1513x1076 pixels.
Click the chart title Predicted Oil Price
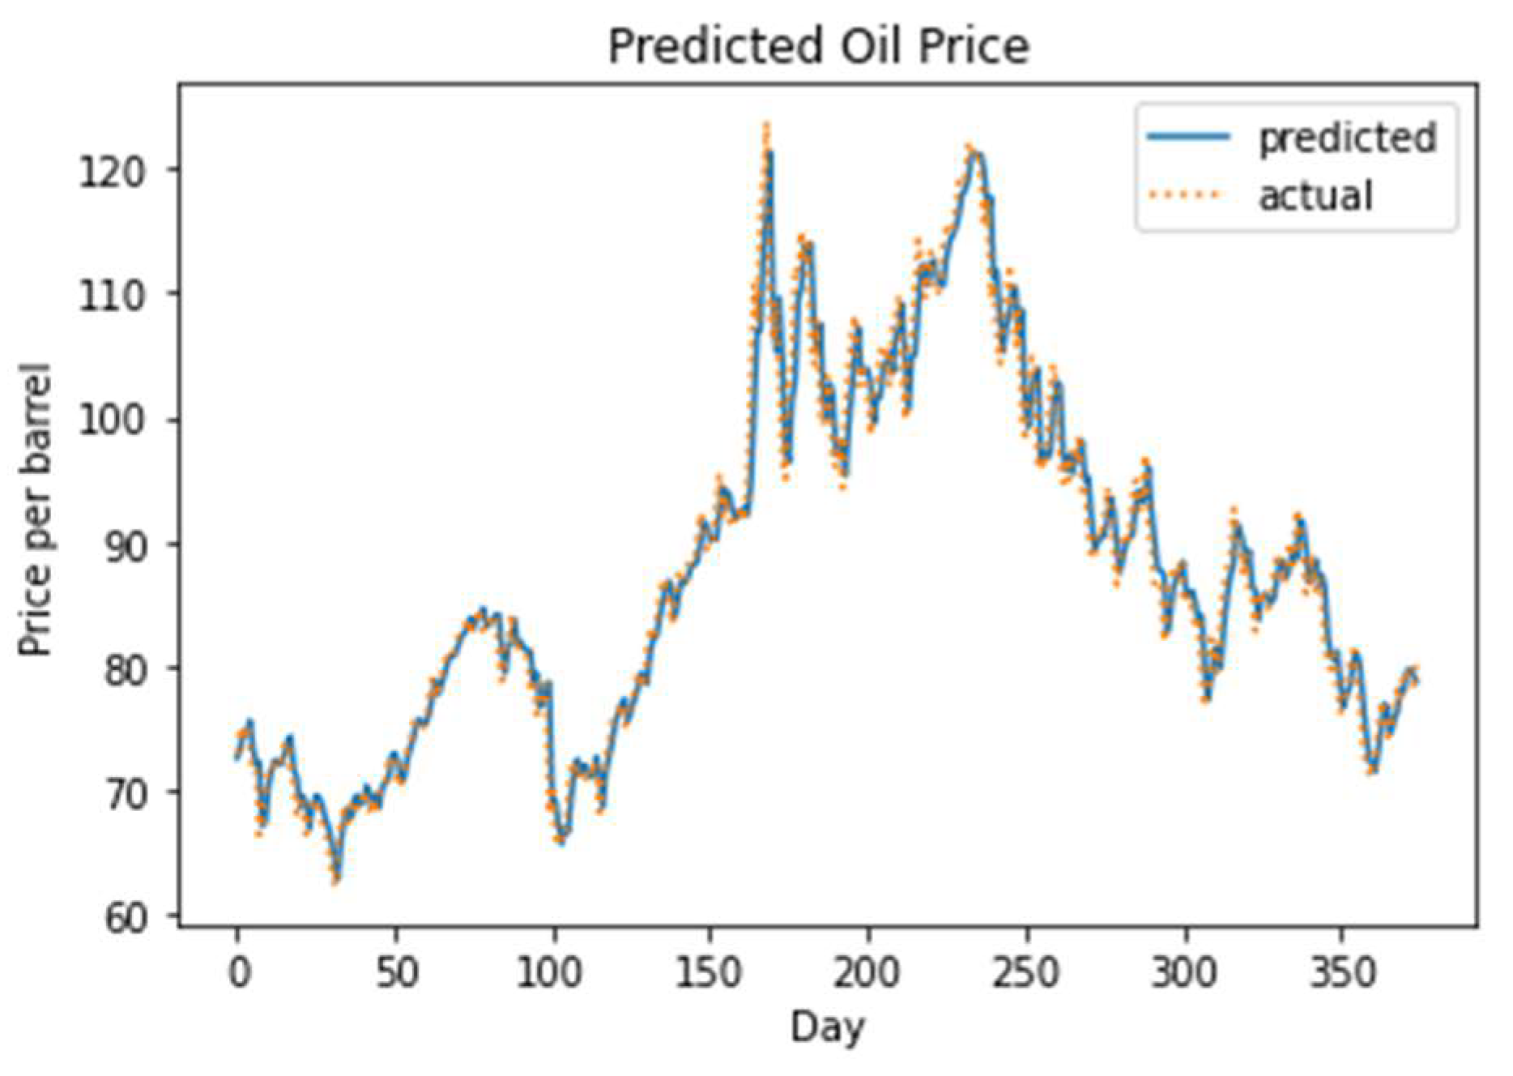(x=819, y=46)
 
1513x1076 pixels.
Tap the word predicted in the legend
(x=1347, y=138)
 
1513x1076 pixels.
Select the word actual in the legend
(x=1315, y=196)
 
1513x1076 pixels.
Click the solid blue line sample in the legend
(x=1188, y=137)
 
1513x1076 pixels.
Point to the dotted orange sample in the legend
(x=1188, y=195)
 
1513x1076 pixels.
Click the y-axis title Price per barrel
(x=36, y=510)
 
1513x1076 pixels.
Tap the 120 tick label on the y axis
(x=112, y=171)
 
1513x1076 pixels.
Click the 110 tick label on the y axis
(x=112, y=296)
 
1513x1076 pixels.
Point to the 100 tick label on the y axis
(x=112, y=421)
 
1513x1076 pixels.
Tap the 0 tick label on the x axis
(x=238, y=971)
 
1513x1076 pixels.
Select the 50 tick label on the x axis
(x=396, y=971)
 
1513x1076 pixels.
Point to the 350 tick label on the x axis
(x=1341, y=971)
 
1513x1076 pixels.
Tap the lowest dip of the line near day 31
(x=336, y=879)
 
